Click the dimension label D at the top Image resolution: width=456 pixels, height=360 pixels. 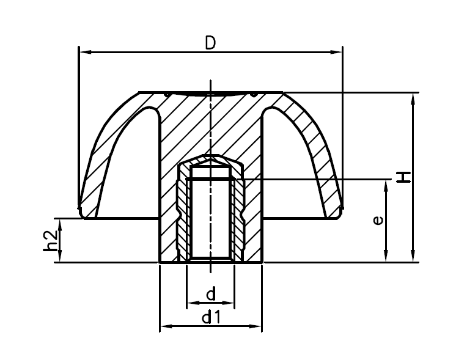pos(210,43)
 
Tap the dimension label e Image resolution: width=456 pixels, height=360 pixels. pos(379,220)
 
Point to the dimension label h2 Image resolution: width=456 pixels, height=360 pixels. pos(53,240)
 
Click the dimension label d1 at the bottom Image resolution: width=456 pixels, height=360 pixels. pos(210,317)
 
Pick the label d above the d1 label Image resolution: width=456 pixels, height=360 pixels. pos(211,295)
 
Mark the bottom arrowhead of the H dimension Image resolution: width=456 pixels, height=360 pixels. pos(414,257)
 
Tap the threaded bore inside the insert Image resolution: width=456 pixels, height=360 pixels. pos(210,217)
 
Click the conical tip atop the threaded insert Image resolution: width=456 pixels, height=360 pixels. pos(210,160)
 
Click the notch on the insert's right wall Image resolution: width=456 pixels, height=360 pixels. pos(243,214)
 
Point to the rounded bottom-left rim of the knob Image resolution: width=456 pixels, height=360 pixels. pos(81,211)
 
